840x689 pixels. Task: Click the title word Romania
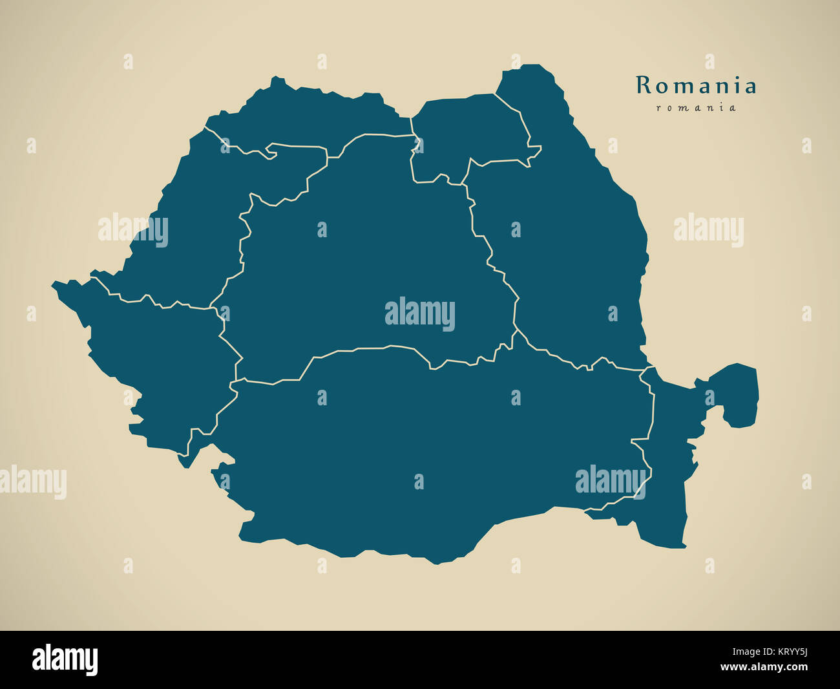coord(696,85)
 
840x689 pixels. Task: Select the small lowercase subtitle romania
coord(696,108)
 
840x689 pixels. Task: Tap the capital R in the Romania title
coord(643,85)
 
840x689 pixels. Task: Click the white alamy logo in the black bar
coord(65,660)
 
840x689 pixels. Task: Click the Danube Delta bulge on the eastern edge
coord(737,394)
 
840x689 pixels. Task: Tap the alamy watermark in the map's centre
coord(420,314)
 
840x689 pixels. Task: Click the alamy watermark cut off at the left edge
coord(32,482)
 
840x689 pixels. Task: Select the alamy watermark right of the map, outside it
coord(709,230)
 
